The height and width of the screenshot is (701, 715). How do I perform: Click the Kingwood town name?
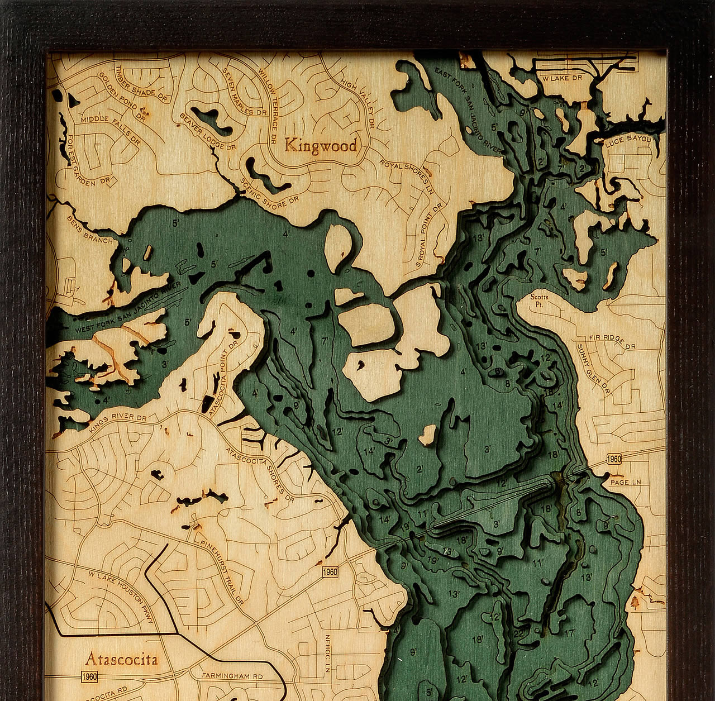(x=321, y=146)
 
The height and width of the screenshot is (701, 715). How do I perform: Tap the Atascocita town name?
(x=121, y=659)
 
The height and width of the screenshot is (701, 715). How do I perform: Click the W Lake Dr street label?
(x=563, y=79)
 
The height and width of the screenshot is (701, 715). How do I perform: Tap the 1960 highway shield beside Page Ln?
(x=613, y=459)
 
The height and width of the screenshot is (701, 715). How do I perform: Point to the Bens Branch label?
(x=89, y=228)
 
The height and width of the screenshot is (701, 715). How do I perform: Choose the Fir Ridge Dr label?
(x=613, y=342)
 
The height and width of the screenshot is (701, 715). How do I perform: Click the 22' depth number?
(x=518, y=633)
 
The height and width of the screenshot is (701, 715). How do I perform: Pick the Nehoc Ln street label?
(x=328, y=651)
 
